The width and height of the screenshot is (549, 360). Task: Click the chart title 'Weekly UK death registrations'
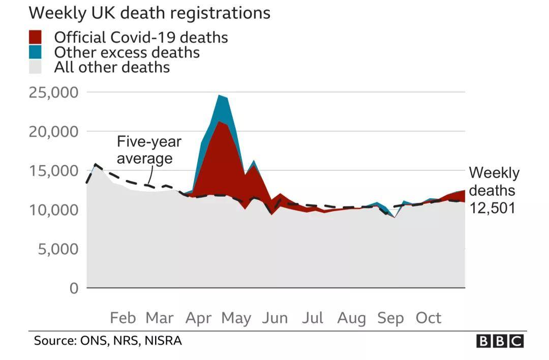click(150, 13)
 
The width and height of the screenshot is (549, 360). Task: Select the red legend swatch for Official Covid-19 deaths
click(35, 37)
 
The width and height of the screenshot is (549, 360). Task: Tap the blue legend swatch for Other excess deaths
click(35, 52)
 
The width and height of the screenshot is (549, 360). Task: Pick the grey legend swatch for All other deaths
click(35, 67)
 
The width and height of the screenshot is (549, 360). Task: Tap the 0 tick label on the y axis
click(74, 288)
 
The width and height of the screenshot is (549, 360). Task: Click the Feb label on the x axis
click(123, 318)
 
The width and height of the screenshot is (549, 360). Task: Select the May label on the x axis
click(236, 318)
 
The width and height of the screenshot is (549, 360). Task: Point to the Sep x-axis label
click(390, 318)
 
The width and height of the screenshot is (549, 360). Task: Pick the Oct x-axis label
click(429, 318)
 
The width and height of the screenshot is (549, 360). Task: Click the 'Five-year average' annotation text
click(148, 149)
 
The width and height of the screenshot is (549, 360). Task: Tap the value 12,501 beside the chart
click(492, 208)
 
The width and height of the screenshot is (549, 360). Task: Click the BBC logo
click(500, 341)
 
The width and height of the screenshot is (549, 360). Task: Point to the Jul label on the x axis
click(313, 318)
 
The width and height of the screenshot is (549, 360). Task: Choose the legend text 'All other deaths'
click(112, 67)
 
